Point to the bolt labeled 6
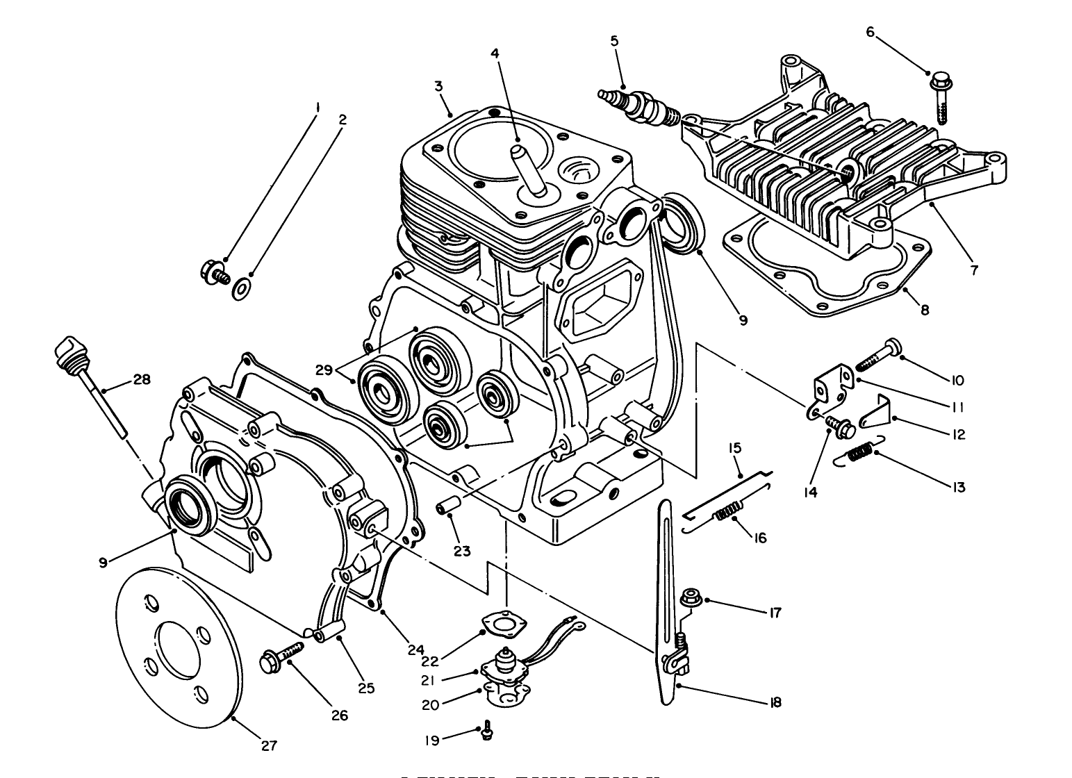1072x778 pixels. coord(940,97)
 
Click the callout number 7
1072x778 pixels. coord(974,270)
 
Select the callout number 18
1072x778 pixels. coord(775,702)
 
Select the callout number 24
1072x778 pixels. coord(415,651)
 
